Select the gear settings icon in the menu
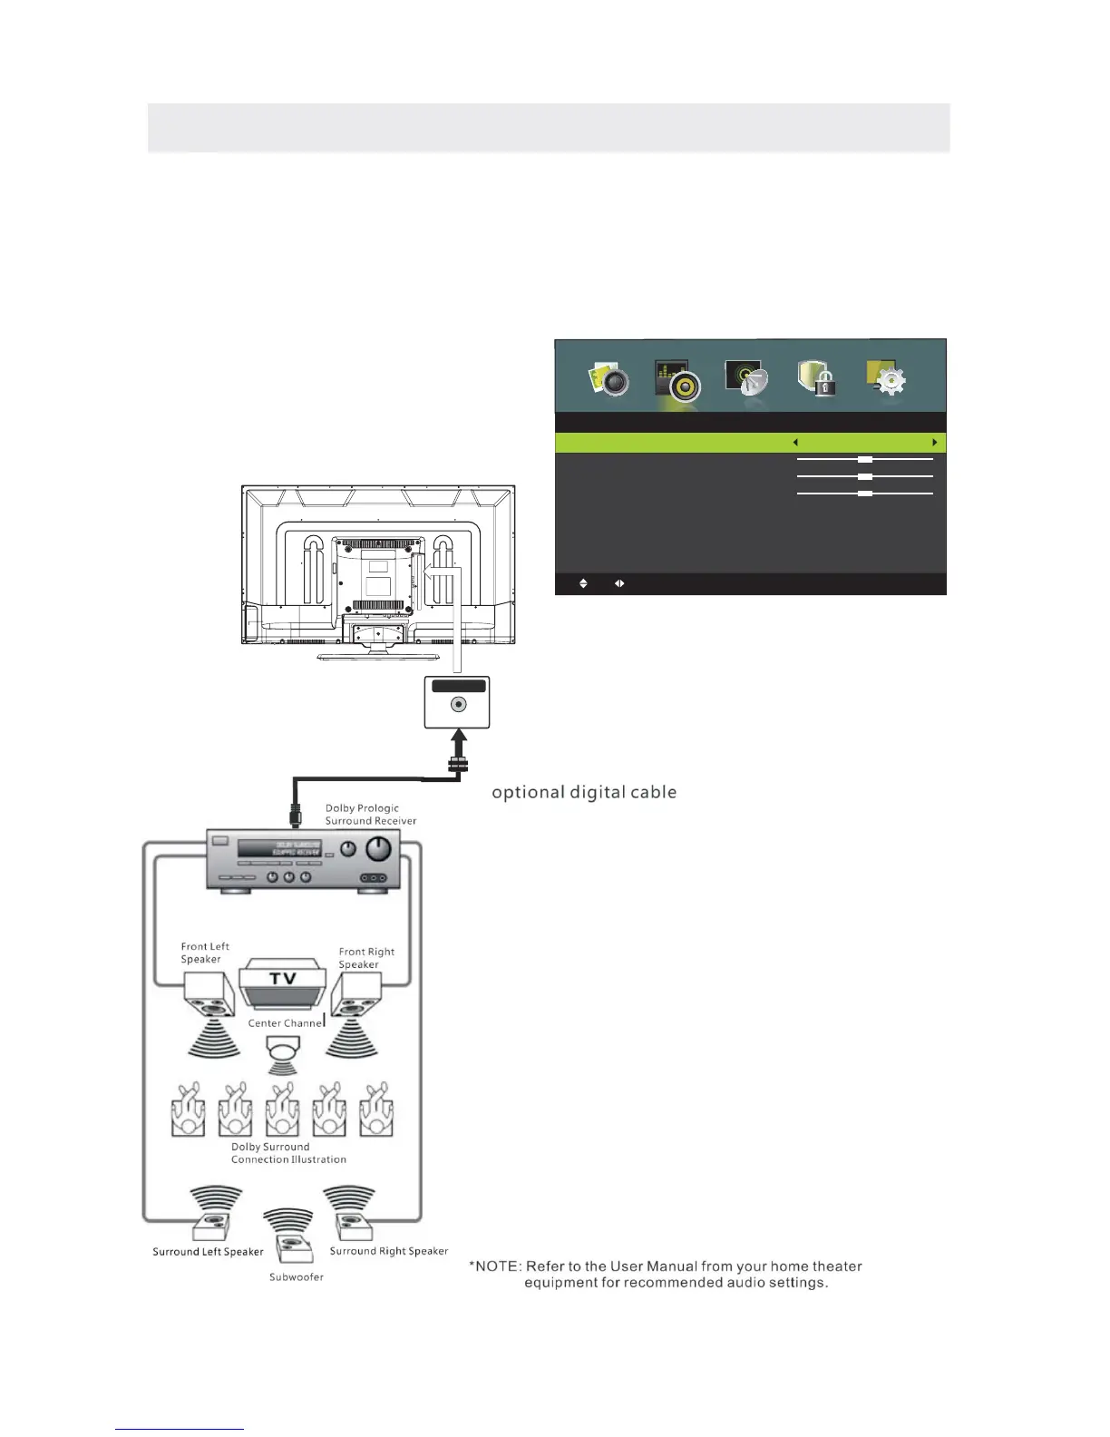coord(887,378)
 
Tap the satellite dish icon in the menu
coord(746,378)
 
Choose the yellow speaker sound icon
coord(677,380)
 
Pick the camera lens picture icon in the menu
coord(609,378)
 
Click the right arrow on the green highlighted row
coord(934,443)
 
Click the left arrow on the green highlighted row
coord(795,443)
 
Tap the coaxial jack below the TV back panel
coord(458,705)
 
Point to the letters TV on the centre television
coord(283,979)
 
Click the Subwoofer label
coord(296,1277)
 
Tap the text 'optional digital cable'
coord(584,793)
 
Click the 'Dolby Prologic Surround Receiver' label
coord(370,815)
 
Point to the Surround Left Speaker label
coord(208,1252)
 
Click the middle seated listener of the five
coord(283,1111)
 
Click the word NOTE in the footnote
coord(498,1266)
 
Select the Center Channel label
coord(285,1023)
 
